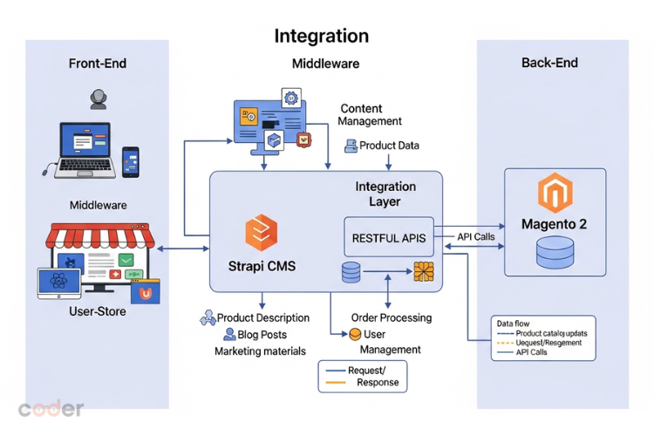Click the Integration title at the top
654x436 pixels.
point(321,36)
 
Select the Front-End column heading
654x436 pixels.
point(98,64)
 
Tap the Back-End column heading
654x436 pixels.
point(549,63)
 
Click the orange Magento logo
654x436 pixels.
point(554,194)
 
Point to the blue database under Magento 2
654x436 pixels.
point(555,252)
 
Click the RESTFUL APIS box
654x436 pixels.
point(388,237)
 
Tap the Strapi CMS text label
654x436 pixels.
point(261,266)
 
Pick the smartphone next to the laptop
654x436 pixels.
point(131,162)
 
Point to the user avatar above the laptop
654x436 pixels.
point(98,100)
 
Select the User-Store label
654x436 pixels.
point(98,311)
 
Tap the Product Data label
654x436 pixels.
point(389,146)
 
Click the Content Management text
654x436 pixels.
point(371,115)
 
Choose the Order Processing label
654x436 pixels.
point(391,317)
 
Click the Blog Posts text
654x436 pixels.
point(262,335)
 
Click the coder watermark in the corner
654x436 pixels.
point(51,408)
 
